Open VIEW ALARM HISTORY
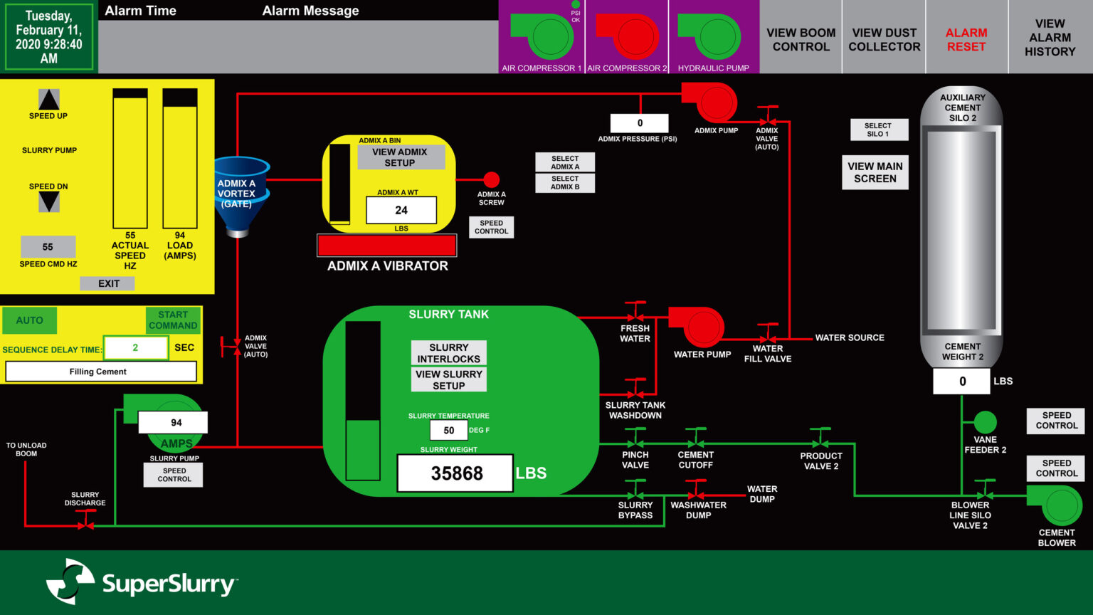(1050, 37)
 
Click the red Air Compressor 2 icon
(628, 36)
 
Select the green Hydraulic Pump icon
(710, 36)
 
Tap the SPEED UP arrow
(49, 99)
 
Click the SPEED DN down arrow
(49, 202)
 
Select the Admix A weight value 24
(401, 210)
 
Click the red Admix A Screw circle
(492, 179)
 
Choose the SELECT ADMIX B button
(565, 183)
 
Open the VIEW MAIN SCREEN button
(875, 172)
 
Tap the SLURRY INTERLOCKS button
(448, 353)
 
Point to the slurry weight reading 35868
(455, 473)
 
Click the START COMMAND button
(173, 320)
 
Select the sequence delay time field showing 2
(136, 347)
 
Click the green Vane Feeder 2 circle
(985, 422)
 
